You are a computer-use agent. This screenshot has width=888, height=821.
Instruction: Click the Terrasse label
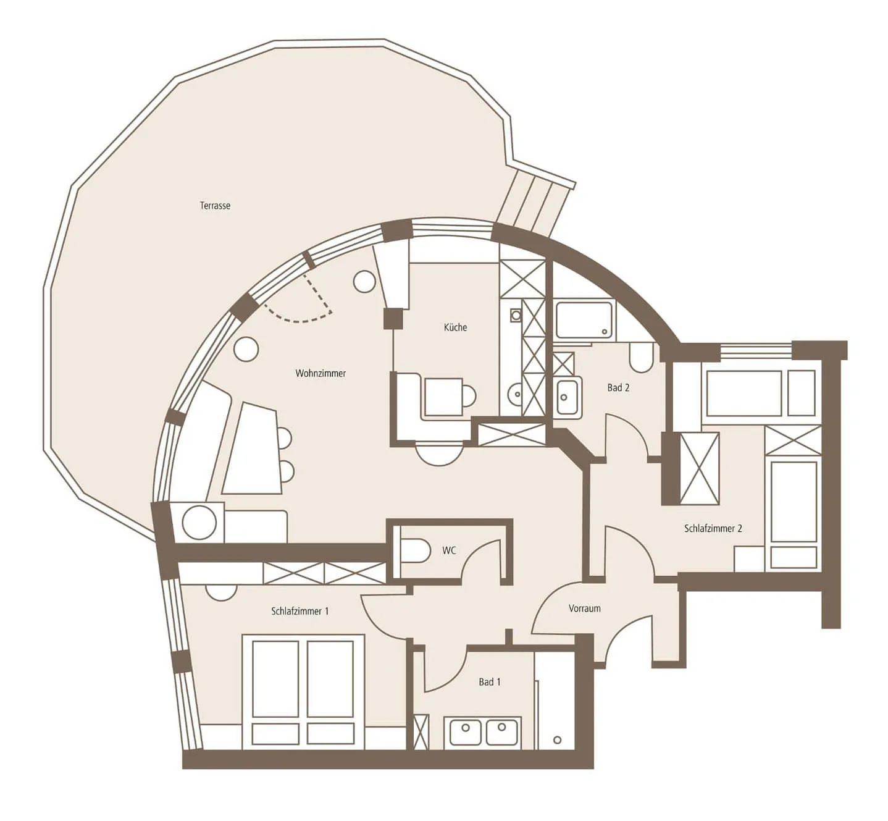point(215,206)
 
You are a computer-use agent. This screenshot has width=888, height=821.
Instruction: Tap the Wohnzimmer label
point(320,373)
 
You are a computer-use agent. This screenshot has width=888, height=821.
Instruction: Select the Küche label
point(455,327)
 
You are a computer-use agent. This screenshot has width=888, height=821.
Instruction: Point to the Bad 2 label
point(618,387)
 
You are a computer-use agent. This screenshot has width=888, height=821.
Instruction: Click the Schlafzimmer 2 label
point(713,528)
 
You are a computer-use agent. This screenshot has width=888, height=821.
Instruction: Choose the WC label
point(450,550)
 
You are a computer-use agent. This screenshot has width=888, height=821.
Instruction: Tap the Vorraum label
point(584,608)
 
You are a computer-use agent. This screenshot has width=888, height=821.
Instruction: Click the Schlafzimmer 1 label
point(300,611)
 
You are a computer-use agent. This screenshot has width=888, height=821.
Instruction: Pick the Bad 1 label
point(490,682)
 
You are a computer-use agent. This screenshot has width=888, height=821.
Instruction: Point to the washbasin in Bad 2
point(568,397)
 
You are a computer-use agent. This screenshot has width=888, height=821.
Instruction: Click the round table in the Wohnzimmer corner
point(199,522)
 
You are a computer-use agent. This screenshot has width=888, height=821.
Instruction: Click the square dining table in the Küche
point(443,397)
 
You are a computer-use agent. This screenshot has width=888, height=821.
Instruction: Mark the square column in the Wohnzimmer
point(393,319)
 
